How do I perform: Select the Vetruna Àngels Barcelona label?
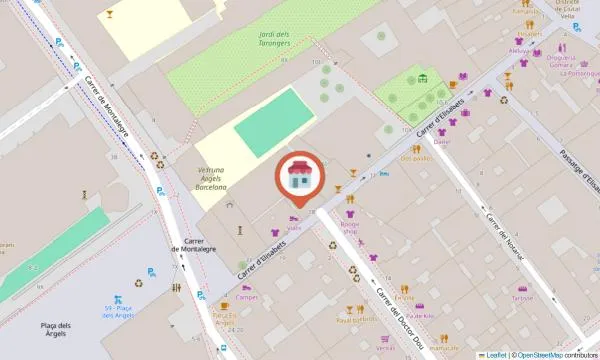211,179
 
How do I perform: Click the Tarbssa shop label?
522,297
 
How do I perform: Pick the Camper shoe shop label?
248,297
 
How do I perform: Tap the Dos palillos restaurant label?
415,158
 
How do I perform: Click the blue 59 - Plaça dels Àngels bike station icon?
119,299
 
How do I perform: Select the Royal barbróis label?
356,320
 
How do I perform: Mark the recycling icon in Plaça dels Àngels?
138,283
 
